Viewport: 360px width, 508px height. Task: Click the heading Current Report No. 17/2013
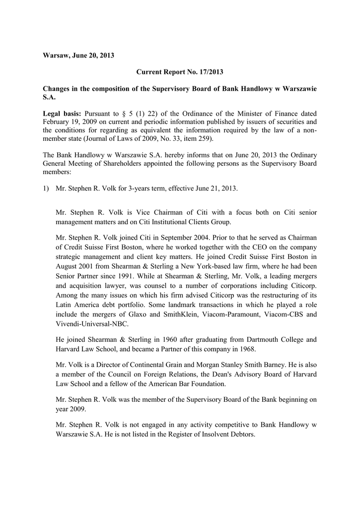(x=180, y=72)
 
